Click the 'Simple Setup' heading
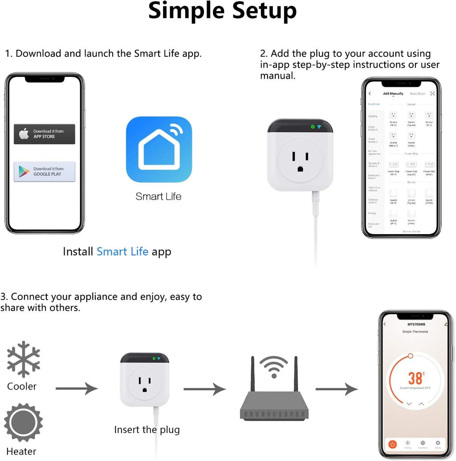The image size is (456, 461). point(222,11)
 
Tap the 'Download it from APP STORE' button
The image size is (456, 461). point(45,134)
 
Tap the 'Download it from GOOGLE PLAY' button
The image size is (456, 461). point(45,171)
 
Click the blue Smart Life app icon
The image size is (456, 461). point(159,150)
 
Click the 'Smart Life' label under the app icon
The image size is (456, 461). point(159,196)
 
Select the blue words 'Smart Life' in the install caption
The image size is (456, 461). point(122,251)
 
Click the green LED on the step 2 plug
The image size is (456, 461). point(313,127)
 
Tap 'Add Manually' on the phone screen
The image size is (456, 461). point(393,94)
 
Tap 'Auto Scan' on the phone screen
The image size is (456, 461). point(417,94)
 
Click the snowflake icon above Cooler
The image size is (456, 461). point(24,360)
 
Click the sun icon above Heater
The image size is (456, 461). point(24,422)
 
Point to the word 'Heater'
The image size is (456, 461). point(21,452)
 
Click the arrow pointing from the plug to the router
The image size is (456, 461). point(205,389)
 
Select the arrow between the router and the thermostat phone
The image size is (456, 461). point(337,389)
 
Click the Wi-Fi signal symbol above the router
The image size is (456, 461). point(273,367)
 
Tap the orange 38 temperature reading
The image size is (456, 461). point(415,378)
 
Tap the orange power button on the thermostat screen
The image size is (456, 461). point(392,444)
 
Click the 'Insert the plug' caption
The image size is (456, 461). point(147,429)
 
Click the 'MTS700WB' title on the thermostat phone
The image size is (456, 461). point(416,324)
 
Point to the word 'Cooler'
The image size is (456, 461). point(22,386)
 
